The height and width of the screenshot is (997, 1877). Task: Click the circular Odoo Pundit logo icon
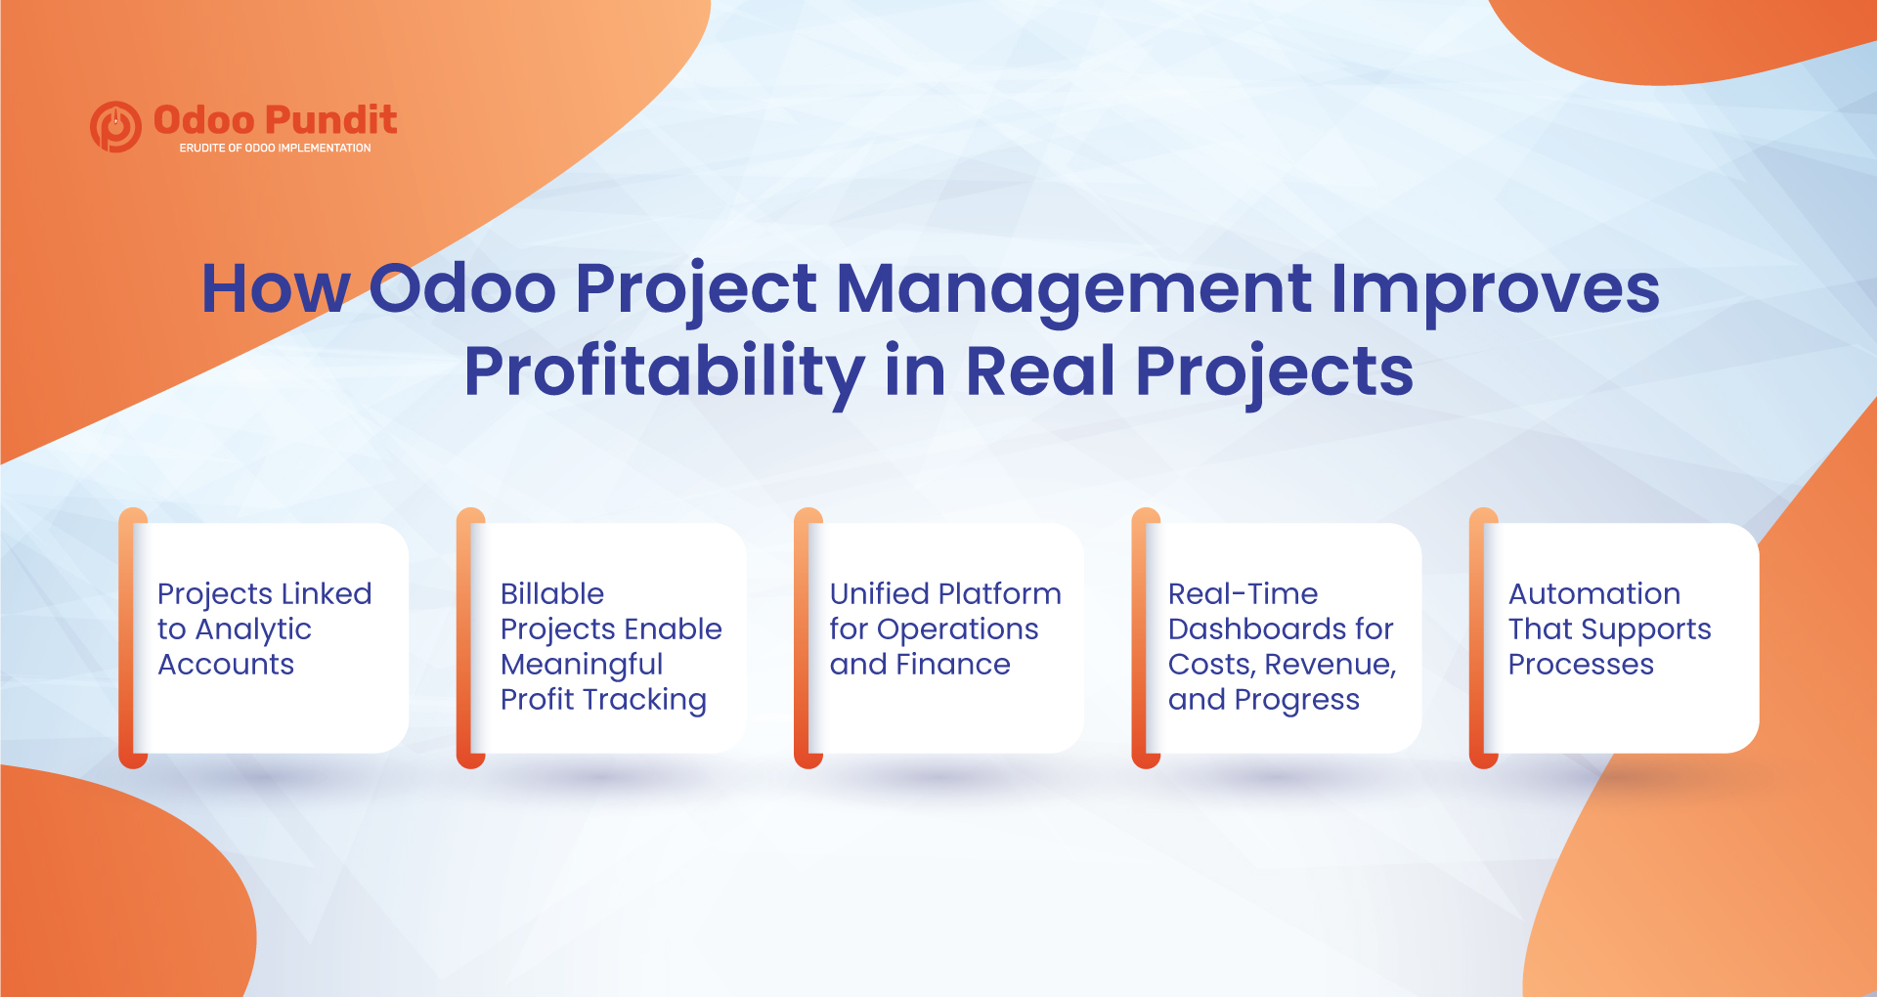(x=115, y=126)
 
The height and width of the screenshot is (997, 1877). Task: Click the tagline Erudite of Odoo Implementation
(x=275, y=149)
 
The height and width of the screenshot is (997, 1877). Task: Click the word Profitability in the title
(x=664, y=372)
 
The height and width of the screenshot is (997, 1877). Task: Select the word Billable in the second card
(x=552, y=594)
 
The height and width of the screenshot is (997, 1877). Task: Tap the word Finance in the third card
(x=953, y=665)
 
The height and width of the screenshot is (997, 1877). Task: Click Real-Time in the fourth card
(x=1243, y=594)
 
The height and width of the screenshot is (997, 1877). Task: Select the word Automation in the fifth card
(x=1593, y=594)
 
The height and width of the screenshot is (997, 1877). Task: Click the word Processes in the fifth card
(x=1581, y=665)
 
